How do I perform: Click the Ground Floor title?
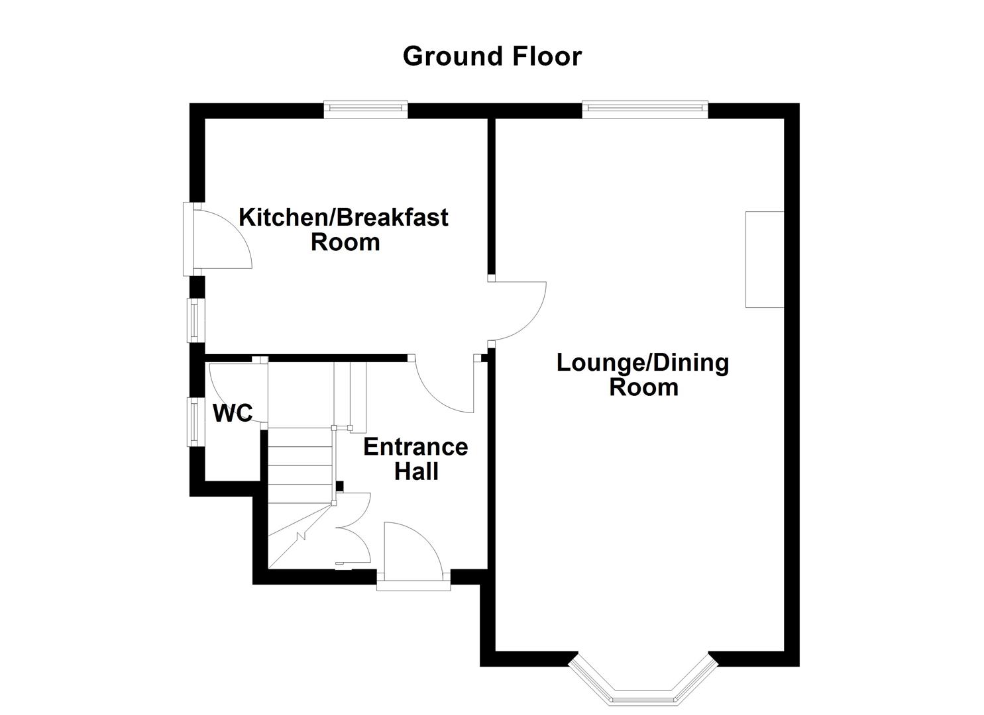[492, 56]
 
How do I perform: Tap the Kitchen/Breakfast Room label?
[344, 229]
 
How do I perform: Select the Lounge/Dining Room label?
[643, 375]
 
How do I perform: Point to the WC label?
[233, 413]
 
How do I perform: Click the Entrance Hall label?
[415, 459]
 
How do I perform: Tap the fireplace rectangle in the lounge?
[765, 260]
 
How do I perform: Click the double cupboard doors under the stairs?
[353, 530]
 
